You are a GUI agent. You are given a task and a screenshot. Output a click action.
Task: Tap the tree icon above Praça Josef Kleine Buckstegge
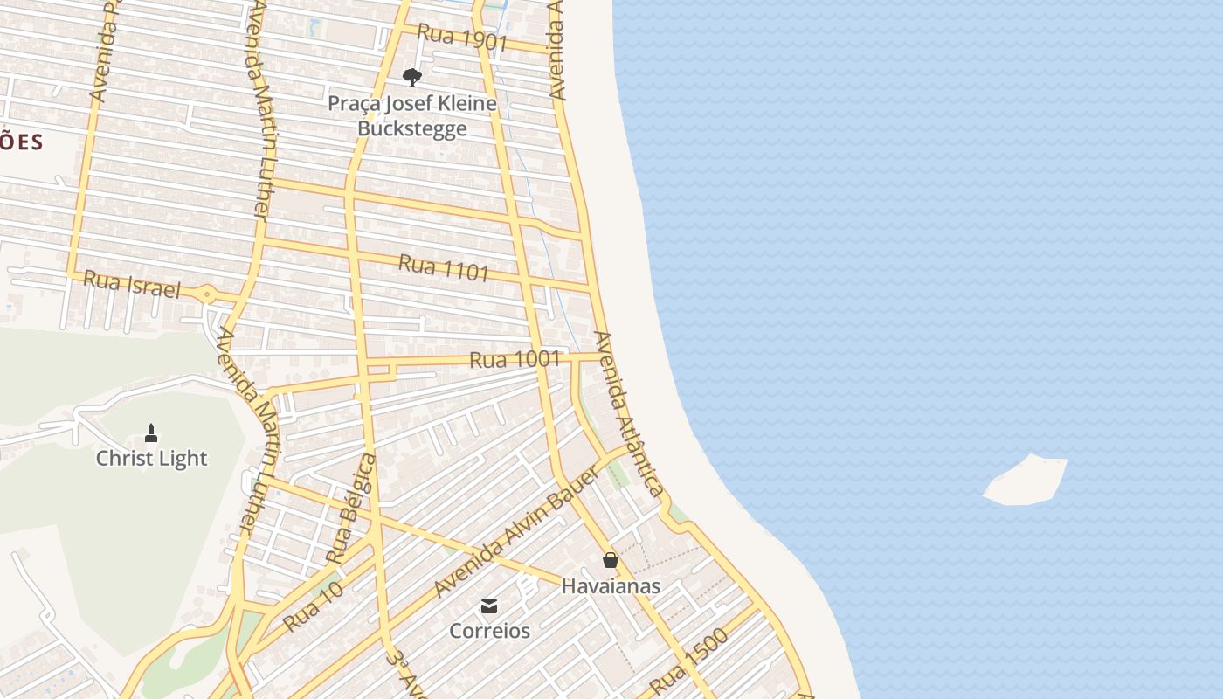tap(411, 78)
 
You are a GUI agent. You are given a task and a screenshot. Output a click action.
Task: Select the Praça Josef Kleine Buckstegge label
tap(412, 116)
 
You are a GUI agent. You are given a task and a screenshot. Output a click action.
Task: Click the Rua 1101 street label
tap(444, 267)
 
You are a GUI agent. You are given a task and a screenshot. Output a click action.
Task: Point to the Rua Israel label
tap(131, 284)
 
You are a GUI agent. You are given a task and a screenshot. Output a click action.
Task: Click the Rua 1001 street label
tap(514, 359)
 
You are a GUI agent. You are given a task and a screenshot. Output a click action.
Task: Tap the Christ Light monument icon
tap(151, 433)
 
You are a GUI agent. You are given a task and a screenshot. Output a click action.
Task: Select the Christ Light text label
tap(151, 459)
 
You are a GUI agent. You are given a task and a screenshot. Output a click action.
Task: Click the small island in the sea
tap(1026, 480)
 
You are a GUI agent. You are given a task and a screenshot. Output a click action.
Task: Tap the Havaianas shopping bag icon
tap(611, 560)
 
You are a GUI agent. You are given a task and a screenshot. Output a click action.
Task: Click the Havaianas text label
tap(611, 586)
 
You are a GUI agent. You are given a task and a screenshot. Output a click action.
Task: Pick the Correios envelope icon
tap(489, 606)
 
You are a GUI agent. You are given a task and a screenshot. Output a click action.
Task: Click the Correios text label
tap(489, 631)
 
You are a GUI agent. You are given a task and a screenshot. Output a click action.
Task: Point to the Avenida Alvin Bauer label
tap(517, 532)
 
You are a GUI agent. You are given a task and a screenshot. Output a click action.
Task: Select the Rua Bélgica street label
tap(352, 509)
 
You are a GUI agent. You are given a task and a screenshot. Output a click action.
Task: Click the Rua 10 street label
tap(313, 607)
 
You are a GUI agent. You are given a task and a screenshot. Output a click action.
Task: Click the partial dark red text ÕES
tap(21, 142)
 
